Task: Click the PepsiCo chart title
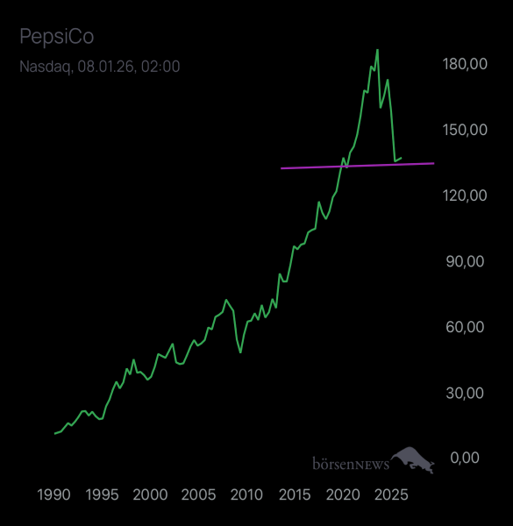coord(56,37)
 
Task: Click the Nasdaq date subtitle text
coord(100,66)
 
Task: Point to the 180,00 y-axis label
coord(465,64)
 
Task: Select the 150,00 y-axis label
coord(465,130)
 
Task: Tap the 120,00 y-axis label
coord(465,195)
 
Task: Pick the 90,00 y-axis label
coord(467,261)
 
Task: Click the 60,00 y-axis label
coord(467,327)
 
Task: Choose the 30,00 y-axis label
coord(467,393)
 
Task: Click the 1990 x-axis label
coord(54,495)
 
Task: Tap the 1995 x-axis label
coord(102,495)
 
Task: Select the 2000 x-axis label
coord(150,495)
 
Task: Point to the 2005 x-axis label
coord(198,495)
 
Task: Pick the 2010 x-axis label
coord(246,495)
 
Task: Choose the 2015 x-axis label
coord(295,495)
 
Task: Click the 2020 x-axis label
coord(342,495)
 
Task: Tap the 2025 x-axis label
coord(390,495)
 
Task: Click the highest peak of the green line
coord(377,50)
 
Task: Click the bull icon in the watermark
coord(413,459)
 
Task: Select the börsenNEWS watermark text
coord(350,462)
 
